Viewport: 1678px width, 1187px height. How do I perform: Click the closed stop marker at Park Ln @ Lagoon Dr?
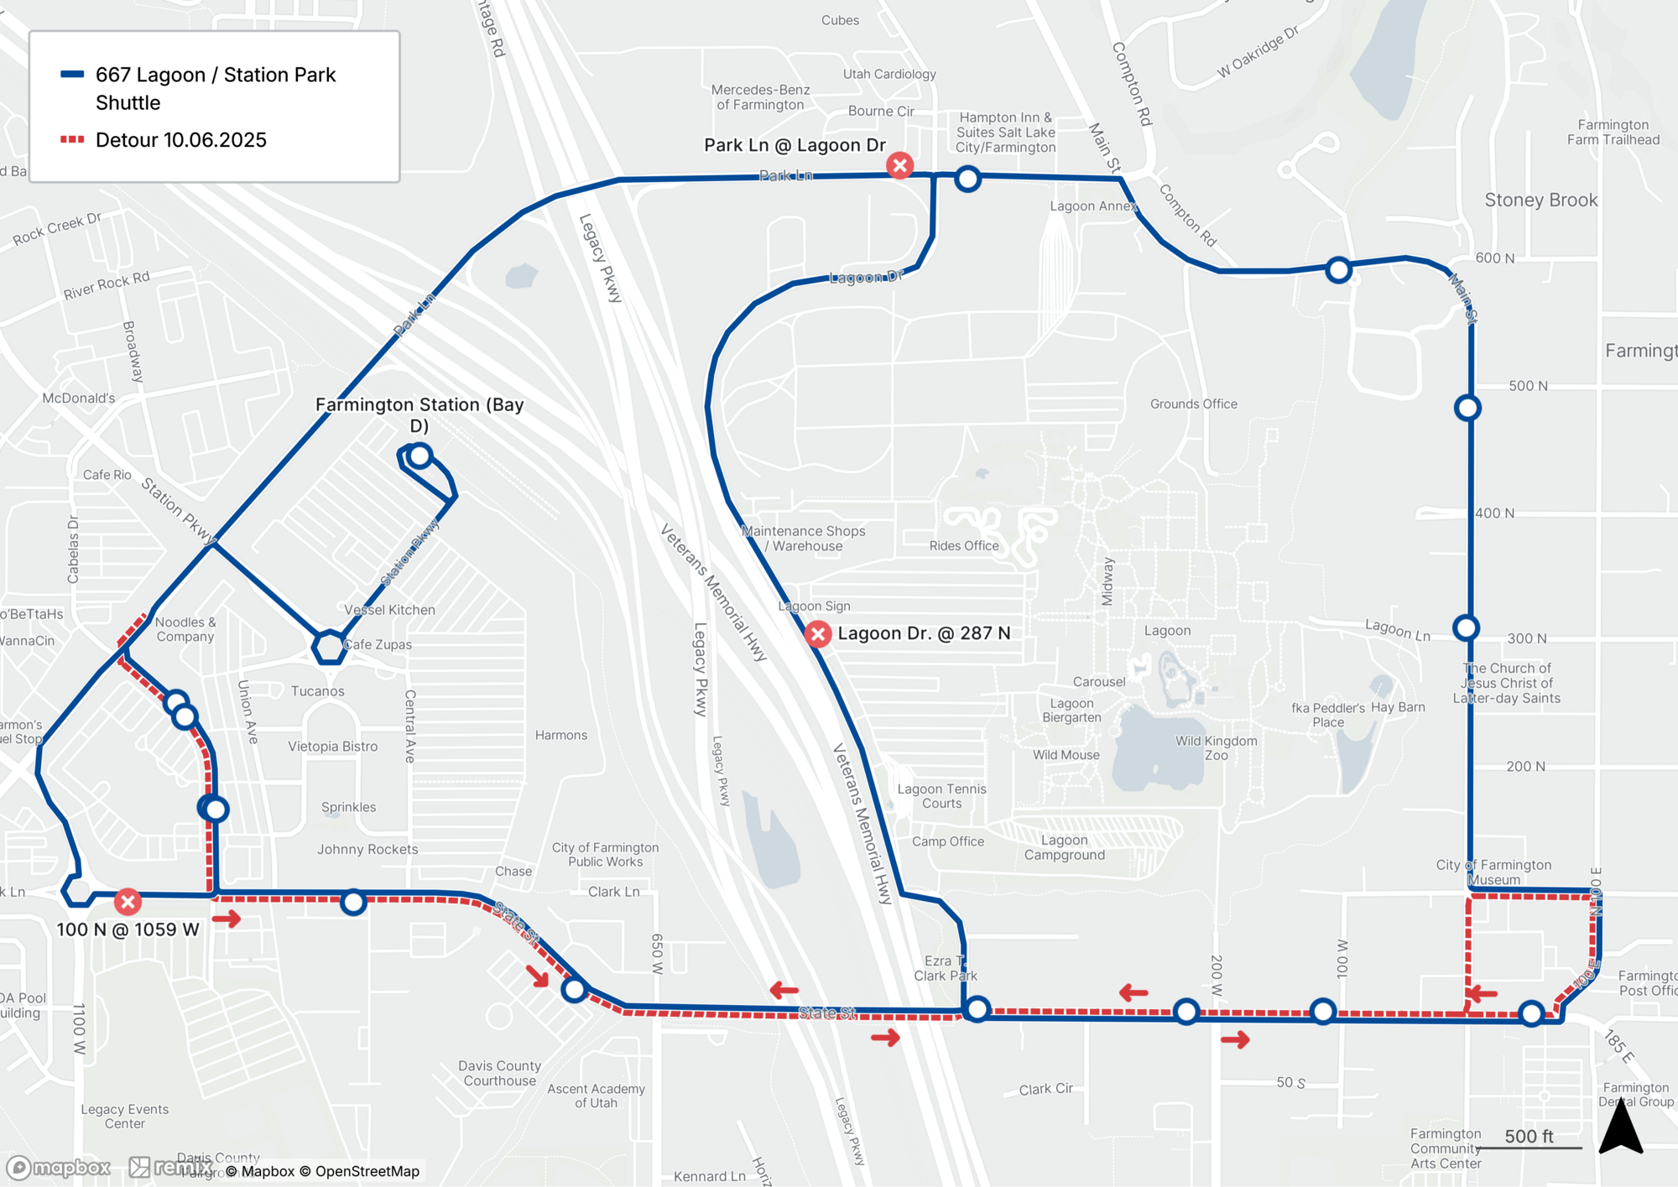[899, 165]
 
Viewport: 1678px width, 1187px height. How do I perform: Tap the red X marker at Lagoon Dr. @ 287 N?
[818, 633]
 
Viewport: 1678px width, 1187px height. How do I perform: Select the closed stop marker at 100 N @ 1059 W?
[128, 902]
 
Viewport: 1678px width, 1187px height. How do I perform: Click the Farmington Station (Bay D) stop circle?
[419, 456]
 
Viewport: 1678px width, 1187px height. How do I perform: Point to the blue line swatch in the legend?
[72, 75]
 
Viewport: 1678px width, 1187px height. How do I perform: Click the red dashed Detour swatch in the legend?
[72, 139]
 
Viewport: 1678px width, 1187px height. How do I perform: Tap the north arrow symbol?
[1620, 1127]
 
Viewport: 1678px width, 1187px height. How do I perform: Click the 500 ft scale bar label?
[1528, 1136]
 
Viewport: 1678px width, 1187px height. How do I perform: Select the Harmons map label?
[560, 735]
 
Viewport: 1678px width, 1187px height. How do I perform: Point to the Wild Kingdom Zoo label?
[1216, 747]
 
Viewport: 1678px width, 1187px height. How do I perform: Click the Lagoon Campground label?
[1064, 847]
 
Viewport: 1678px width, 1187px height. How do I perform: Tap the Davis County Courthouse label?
[499, 1073]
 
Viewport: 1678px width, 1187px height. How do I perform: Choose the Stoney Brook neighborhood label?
[1540, 200]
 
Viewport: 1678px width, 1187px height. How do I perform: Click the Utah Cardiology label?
[889, 74]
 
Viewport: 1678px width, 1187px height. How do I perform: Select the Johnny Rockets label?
[367, 849]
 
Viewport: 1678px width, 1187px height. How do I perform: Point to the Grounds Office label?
[1193, 403]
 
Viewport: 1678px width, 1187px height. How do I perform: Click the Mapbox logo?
[59, 1168]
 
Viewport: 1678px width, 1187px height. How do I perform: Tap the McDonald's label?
[79, 398]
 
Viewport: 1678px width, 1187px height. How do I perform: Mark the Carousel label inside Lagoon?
[1098, 681]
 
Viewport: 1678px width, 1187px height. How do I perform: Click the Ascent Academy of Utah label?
[596, 1096]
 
